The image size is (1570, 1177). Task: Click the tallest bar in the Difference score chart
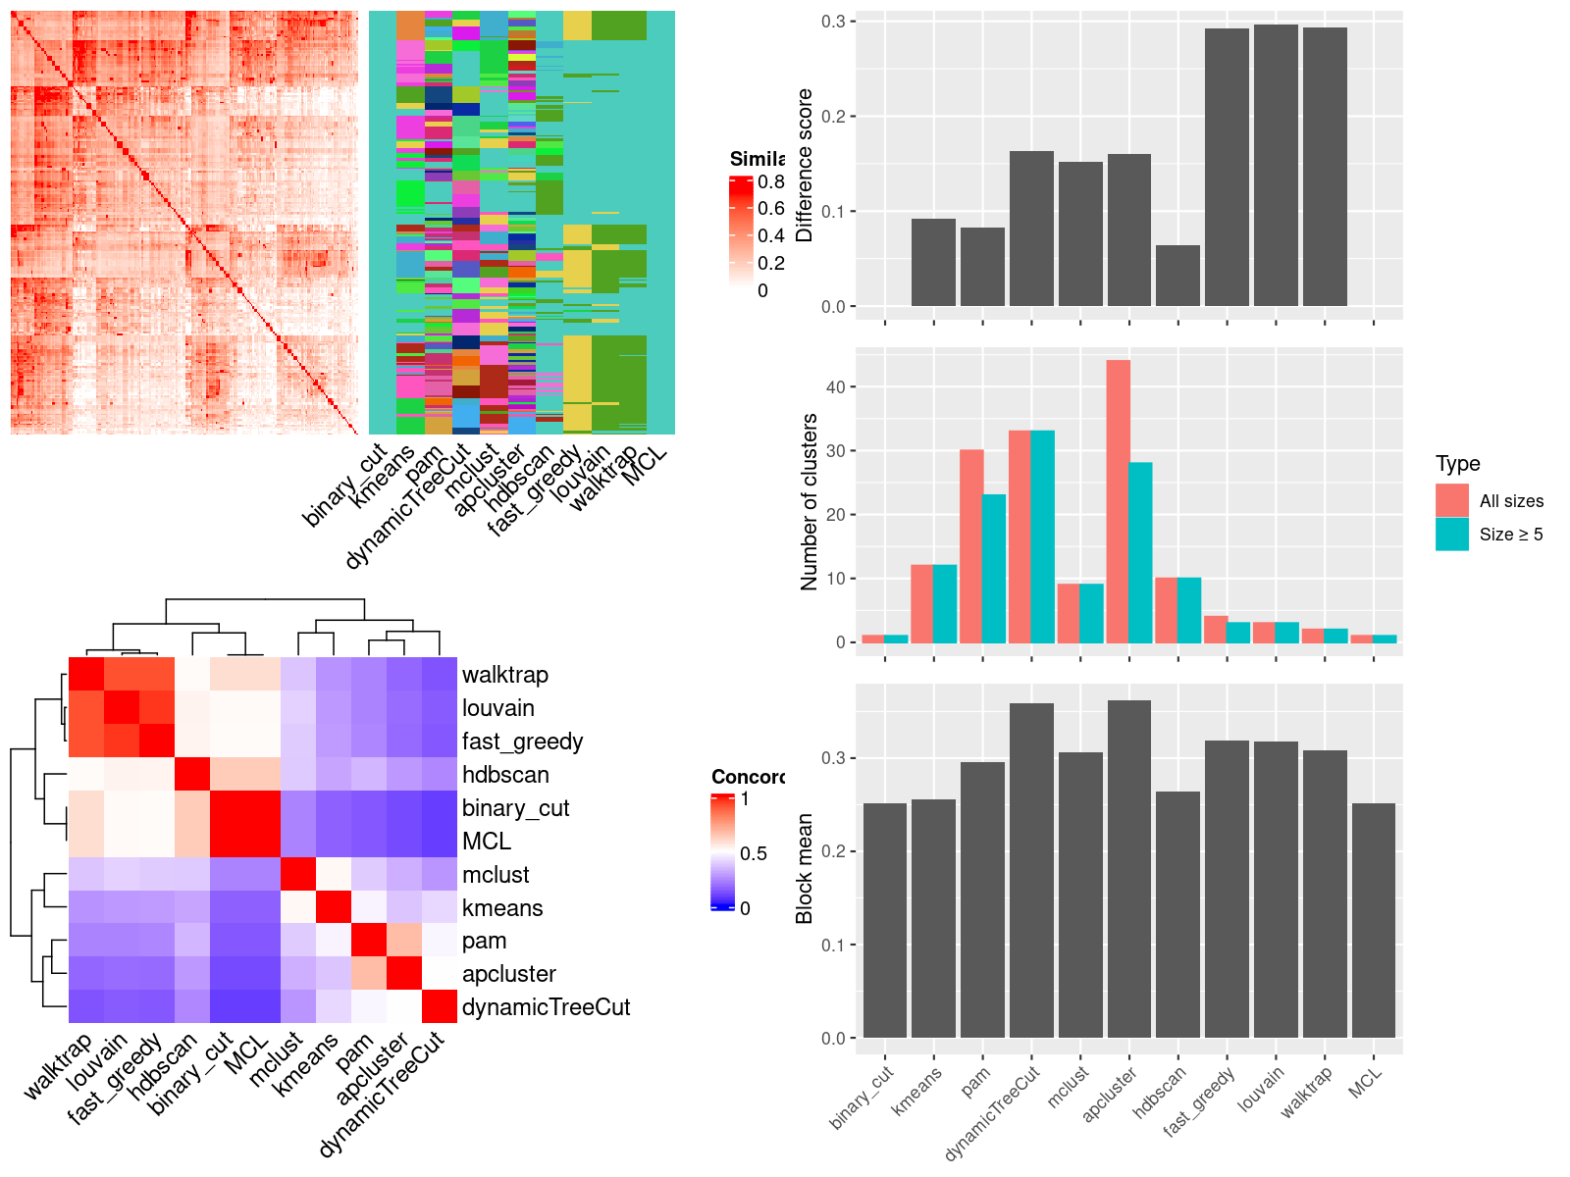(x=1276, y=167)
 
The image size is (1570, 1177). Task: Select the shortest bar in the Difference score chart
(x=1177, y=277)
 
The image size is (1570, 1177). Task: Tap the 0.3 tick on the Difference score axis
(x=834, y=22)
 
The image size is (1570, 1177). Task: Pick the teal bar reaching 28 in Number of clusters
(x=1140, y=553)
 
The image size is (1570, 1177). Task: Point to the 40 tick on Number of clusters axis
(x=836, y=387)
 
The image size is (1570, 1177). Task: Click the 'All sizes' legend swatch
(x=1452, y=500)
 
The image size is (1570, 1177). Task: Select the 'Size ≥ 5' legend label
(x=1511, y=535)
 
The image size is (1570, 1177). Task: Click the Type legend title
(x=1458, y=464)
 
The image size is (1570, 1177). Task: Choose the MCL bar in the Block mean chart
(x=1374, y=921)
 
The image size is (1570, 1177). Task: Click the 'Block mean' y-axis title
(x=806, y=869)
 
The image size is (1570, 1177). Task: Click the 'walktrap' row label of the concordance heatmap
(x=505, y=675)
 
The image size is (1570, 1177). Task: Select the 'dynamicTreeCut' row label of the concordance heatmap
(x=546, y=1007)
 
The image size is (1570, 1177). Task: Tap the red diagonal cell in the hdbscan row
(x=191, y=775)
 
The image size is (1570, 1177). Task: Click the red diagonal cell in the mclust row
(x=297, y=874)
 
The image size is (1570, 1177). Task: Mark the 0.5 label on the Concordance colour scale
(x=754, y=853)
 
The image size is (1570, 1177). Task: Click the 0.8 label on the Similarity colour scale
(x=771, y=181)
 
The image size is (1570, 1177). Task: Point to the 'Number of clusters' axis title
(x=810, y=502)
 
